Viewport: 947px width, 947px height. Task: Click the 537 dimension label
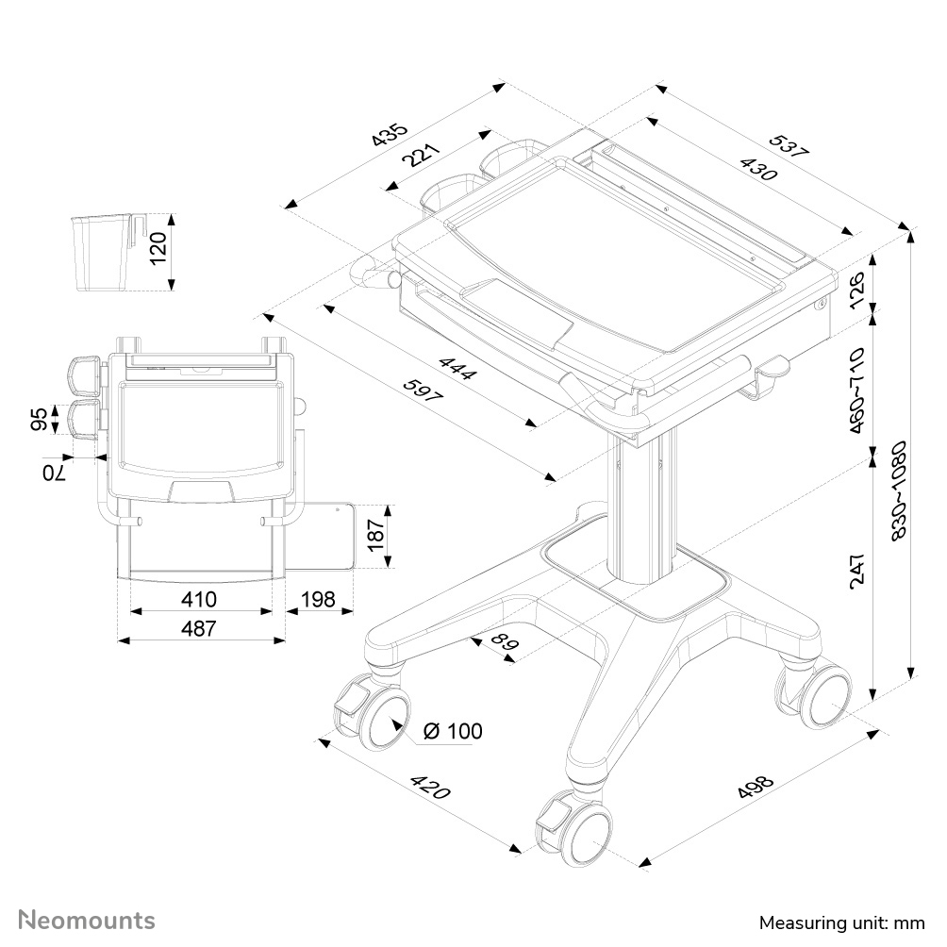[789, 148]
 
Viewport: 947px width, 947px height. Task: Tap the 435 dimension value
[389, 135]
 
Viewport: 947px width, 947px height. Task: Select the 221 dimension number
[421, 154]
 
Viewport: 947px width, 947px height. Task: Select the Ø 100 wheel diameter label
[453, 731]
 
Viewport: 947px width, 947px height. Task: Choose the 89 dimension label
[507, 645]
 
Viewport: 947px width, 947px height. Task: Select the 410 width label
[199, 599]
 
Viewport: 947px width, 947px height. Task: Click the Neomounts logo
[88, 920]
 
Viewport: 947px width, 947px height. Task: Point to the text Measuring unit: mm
[841, 922]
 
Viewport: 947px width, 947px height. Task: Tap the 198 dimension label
[318, 599]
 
